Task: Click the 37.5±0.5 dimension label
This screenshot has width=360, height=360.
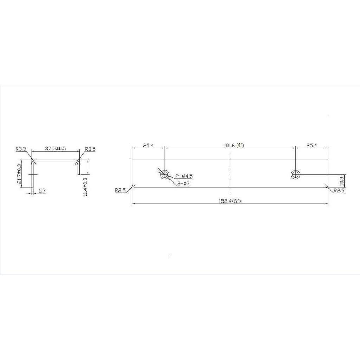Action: pos(55,148)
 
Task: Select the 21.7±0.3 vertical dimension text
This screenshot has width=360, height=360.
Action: pos(19,174)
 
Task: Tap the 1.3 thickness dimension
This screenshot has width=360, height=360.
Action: pos(42,191)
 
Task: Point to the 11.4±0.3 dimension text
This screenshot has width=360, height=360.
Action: pos(85,187)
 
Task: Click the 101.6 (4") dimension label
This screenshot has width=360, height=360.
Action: pos(234,145)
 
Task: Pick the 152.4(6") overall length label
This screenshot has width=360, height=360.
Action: pos(230,201)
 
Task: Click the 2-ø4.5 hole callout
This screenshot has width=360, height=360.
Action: pos(184,176)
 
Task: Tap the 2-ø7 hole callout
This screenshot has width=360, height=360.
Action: pos(183,184)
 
